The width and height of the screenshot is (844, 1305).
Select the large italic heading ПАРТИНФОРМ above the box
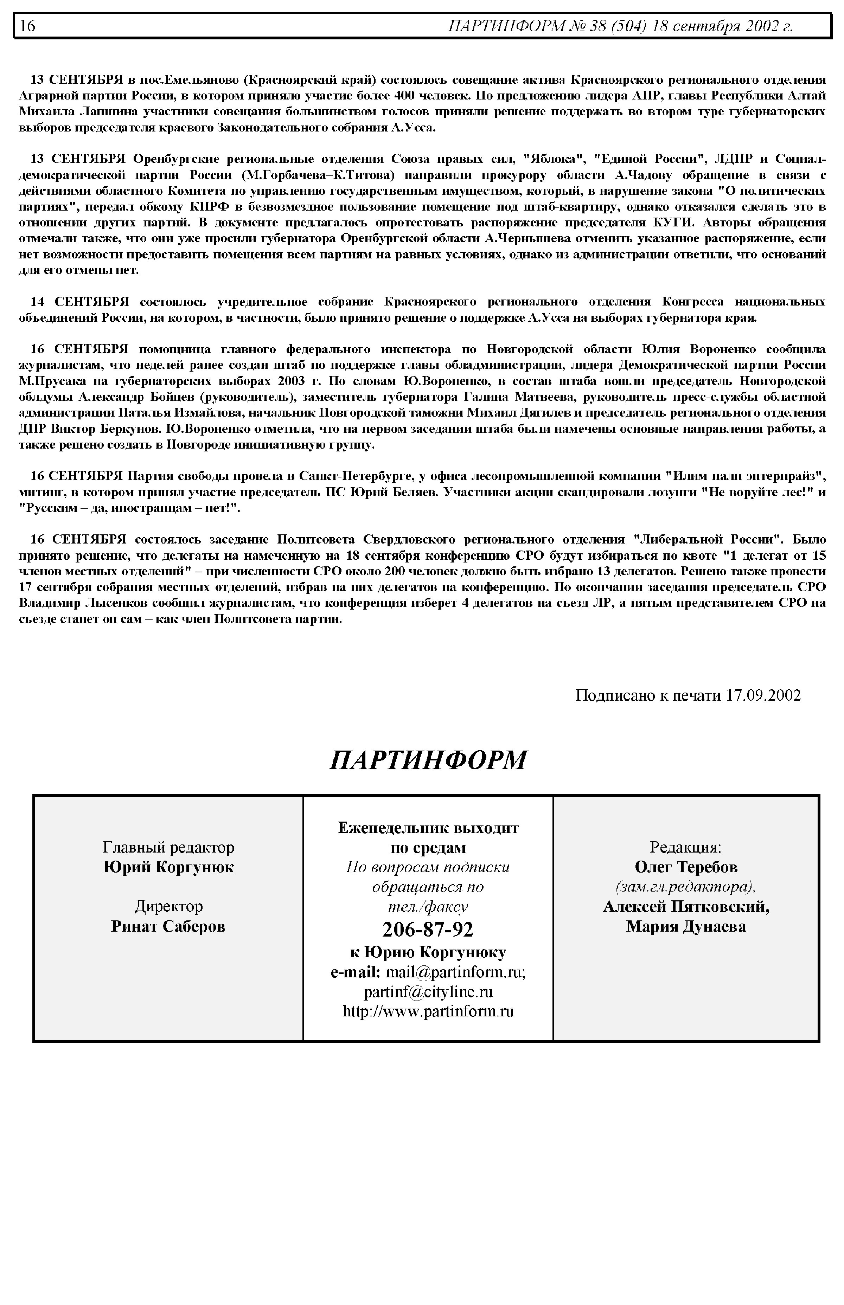click(x=428, y=760)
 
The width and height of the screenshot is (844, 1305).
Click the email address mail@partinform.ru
click(x=455, y=972)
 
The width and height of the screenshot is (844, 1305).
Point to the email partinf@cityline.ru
click(x=428, y=992)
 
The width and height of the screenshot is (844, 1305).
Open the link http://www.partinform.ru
click(x=428, y=1011)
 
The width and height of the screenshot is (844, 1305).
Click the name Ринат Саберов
click(x=168, y=926)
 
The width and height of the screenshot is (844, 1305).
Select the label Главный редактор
click(x=168, y=848)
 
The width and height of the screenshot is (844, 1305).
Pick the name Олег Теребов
click(x=686, y=867)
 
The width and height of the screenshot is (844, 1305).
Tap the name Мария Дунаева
click(x=686, y=926)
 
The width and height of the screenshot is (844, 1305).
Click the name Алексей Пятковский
click(x=686, y=907)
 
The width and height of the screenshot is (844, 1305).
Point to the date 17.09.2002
click(x=763, y=696)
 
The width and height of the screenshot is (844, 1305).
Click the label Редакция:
click(x=686, y=848)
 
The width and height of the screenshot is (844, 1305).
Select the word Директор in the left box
click(x=168, y=907)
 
